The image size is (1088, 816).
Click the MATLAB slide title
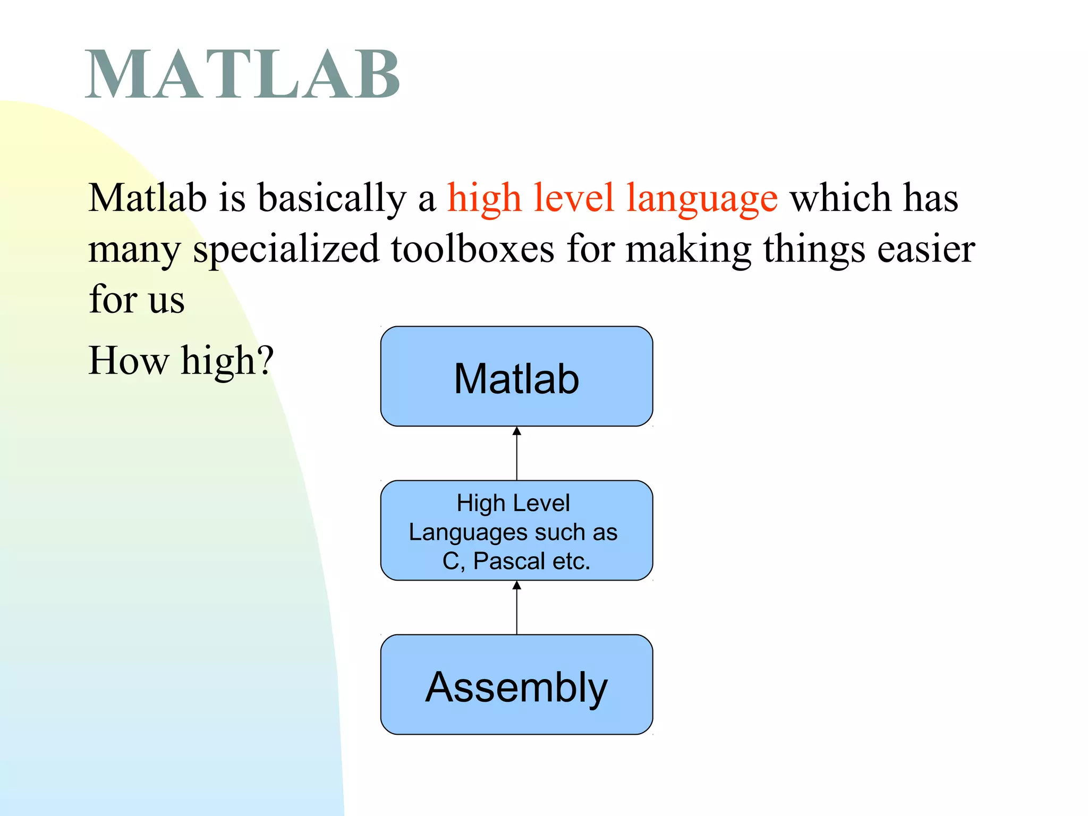click(242, 74)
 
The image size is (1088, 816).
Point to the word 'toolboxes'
click(472, 249)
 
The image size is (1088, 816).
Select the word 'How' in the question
click(128, 360)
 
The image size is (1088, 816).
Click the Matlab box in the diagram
click(516, 377)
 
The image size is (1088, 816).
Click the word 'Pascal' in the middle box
click(509, 561)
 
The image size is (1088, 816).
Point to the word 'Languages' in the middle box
click(467, 532)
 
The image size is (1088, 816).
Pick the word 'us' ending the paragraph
click(166, 300)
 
